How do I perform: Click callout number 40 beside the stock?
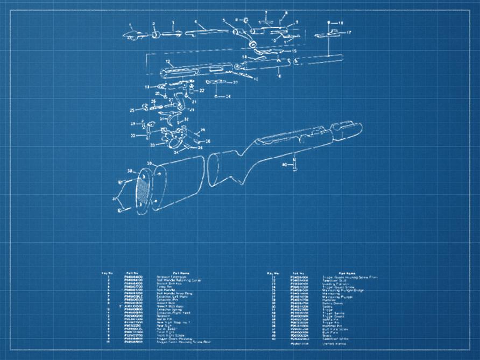[284, 164]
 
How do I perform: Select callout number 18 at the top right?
[341, 23]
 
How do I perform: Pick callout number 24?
[228, 96]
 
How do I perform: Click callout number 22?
[202, 91]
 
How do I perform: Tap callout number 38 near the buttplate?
[129, 172]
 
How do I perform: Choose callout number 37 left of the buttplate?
[114, 199]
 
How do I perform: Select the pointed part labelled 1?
[131, 35]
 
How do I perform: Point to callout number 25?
[131, 110]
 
